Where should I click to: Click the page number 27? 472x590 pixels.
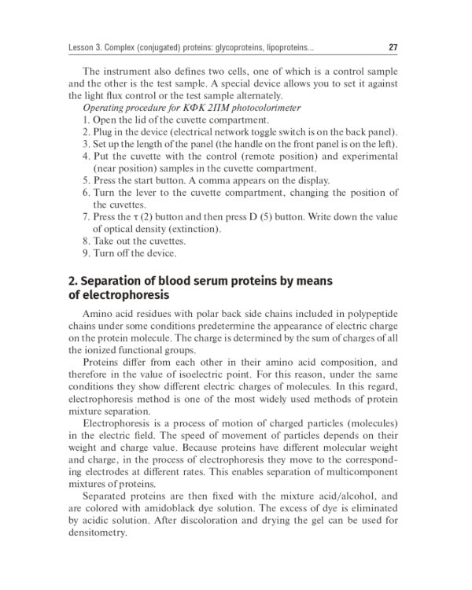coord(393,47)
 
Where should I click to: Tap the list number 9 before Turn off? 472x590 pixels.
coord(85,253)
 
